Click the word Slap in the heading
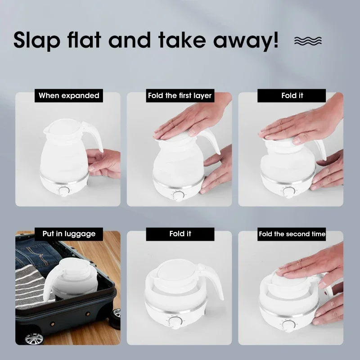[x=38, y=40]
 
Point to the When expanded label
[x=68, y=95]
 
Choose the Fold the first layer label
[x=180, y=95]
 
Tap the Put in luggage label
[x=68, y=234]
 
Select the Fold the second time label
[x=292, y=234]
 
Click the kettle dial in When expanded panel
[x=64, y=191]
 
